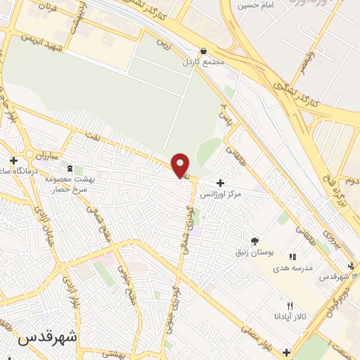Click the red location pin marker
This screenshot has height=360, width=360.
[x=181, y=165]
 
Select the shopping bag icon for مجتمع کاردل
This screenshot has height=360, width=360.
[x=203, y=51]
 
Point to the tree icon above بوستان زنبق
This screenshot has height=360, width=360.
[x=254, y=240]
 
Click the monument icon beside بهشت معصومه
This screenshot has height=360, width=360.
[x=69, y=168]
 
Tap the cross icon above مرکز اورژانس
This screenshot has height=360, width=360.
[x=221, y=182]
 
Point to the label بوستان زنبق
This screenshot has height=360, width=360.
[x=255, y=250]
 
